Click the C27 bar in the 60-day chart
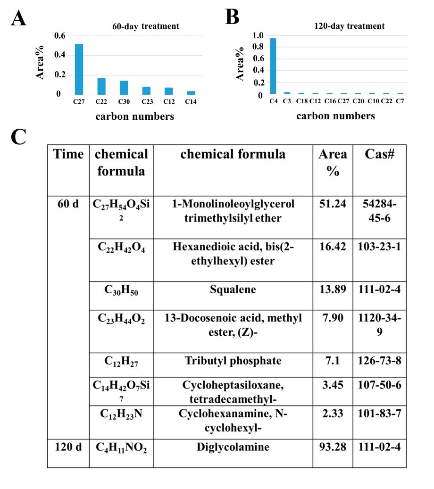[x=79, y=69]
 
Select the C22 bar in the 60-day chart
[x=101, y=86]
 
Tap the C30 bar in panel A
[x=124, y=88]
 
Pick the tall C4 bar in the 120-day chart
[x=273, y=66]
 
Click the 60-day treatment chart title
[x=145, y=26]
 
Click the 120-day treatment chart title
[x=350, y=26]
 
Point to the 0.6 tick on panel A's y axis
[x=60, y=35]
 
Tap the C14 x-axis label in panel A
[x=191, y=102]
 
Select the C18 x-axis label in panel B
[x=301, y=102]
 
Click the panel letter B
[x=233, y=18]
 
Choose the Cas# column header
[x=379, y=154]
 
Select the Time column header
[x=68, y=154]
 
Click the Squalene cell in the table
[x=233, y=290]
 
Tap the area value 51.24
[x=333, y=204]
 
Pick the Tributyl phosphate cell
[x=233, y=361]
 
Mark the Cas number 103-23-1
[x=379, y=247]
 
